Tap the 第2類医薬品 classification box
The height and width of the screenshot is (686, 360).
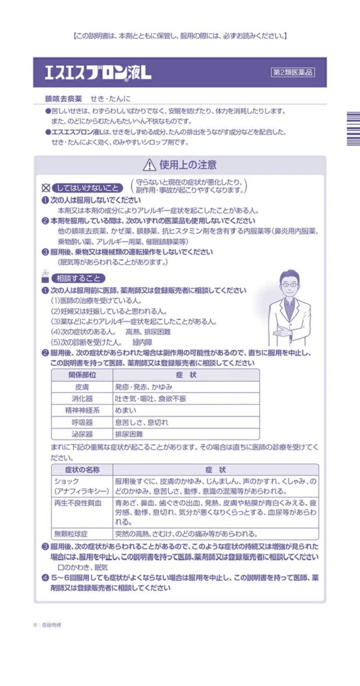coord(292,72)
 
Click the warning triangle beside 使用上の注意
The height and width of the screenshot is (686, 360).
coord(149,165)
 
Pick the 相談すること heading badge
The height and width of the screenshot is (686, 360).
coord(78,278)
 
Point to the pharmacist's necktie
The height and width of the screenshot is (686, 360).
coord(289,308)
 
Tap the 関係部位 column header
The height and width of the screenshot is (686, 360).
coord(82,375)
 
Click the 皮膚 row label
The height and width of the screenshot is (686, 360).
coord(82,387)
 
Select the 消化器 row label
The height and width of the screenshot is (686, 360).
coord(82,398)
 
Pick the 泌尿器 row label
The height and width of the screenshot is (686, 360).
coord(82,434)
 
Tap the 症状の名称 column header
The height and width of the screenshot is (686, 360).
coord(82,469)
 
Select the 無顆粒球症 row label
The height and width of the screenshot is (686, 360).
coord(70,533)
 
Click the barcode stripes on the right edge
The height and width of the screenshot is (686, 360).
coord(352,129)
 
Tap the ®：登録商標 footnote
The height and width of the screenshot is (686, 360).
coord(47,625)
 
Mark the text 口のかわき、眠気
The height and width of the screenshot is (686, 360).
coord(83,567)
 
